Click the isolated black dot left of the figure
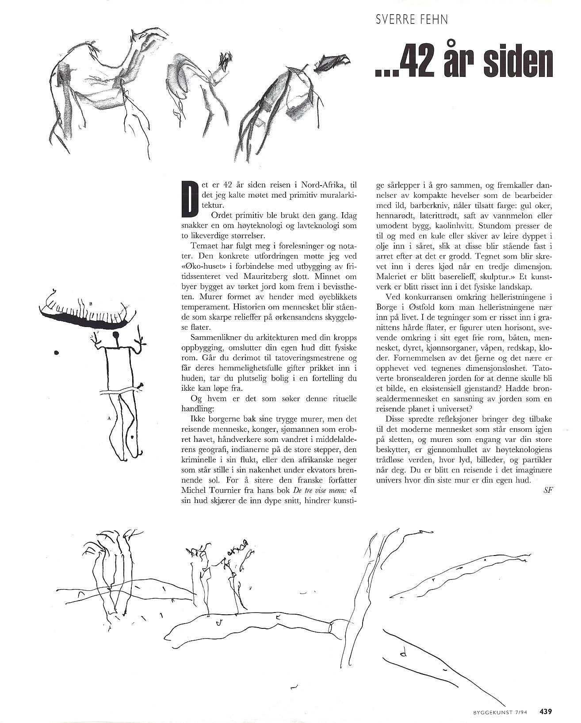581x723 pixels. tap(56, 353)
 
